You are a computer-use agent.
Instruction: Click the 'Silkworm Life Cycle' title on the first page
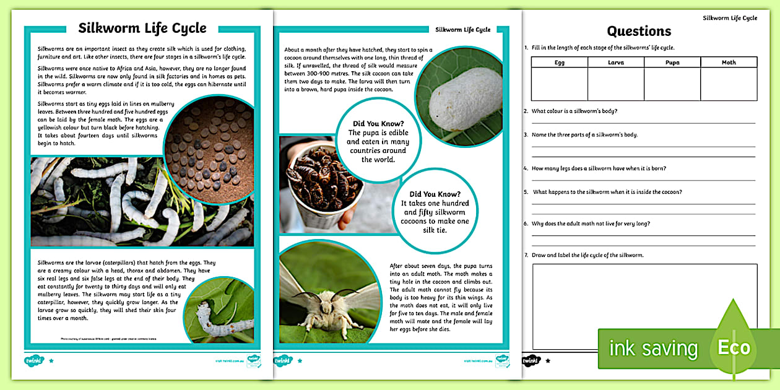142,28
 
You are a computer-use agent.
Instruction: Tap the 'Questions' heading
639,31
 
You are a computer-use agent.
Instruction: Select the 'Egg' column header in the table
559,63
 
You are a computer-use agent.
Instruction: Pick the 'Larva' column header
616,63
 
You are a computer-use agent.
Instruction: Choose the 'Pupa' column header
672,63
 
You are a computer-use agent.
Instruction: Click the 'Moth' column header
729,63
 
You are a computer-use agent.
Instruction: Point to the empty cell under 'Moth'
729,84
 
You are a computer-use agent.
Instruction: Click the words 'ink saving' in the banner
653,349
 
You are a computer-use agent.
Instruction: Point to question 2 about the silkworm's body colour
574,111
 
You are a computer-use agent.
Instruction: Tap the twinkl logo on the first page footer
36,360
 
